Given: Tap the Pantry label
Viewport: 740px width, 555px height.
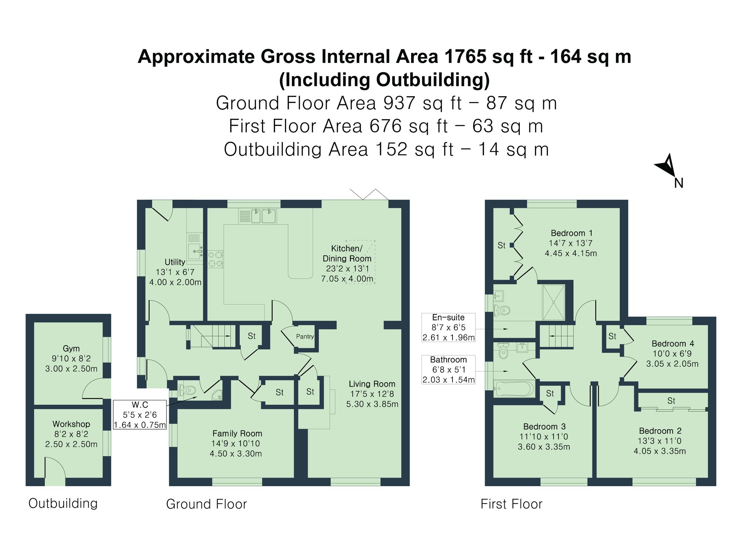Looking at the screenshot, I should [305, 336].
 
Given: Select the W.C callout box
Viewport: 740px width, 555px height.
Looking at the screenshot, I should [140, 415].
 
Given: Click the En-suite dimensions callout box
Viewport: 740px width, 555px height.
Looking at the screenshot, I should [448, 327].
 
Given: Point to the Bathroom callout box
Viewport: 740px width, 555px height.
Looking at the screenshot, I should [448, 370].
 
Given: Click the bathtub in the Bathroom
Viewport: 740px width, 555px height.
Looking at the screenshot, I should [514, 388].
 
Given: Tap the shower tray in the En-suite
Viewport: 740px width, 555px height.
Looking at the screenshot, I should [554, 302].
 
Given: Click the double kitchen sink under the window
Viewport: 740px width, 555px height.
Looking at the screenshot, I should [263, 216].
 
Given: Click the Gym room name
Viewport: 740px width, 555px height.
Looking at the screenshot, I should [71, 348].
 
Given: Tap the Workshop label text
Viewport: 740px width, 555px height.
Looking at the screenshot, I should [71, 424].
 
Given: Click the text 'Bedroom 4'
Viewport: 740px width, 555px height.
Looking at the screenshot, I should [673, 343].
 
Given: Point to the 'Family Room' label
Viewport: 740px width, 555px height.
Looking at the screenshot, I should [237, 433].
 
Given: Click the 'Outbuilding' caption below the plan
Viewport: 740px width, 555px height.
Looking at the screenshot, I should [63, 503].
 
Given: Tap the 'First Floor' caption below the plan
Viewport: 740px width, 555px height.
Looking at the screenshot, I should [511, 504].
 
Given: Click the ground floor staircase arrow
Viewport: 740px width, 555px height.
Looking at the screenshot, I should [215, 336].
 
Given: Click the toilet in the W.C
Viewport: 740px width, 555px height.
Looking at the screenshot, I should [189, 390].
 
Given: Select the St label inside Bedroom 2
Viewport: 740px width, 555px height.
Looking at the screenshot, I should [671, 401].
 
